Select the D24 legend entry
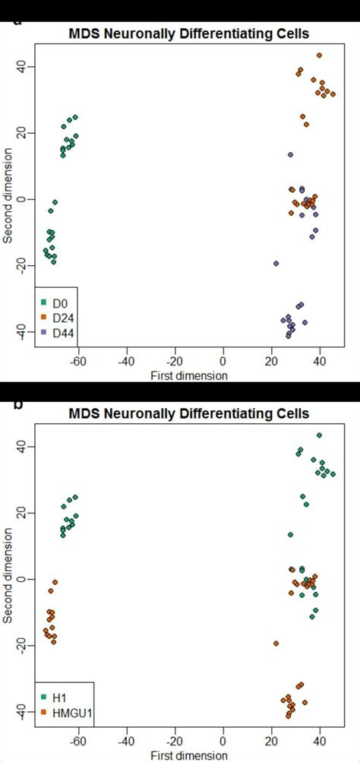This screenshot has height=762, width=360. (57, 317)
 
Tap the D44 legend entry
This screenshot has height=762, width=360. (57, 332)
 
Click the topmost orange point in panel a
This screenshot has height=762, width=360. (319, 55)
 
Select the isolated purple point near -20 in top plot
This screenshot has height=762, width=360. (276, 264)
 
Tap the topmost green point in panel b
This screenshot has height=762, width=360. (319, 435)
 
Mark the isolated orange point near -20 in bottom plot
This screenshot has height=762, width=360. (276, 643)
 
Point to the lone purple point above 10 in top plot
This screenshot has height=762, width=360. (290, 155)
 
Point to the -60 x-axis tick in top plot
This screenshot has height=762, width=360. (77, 361)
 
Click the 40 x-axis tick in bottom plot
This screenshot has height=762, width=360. (320, 742)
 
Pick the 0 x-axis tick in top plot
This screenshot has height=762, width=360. (223, 361)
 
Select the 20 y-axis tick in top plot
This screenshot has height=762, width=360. (23, 133)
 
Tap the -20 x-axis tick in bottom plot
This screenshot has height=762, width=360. (174, 742)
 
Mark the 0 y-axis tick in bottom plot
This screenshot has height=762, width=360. (23, 579)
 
